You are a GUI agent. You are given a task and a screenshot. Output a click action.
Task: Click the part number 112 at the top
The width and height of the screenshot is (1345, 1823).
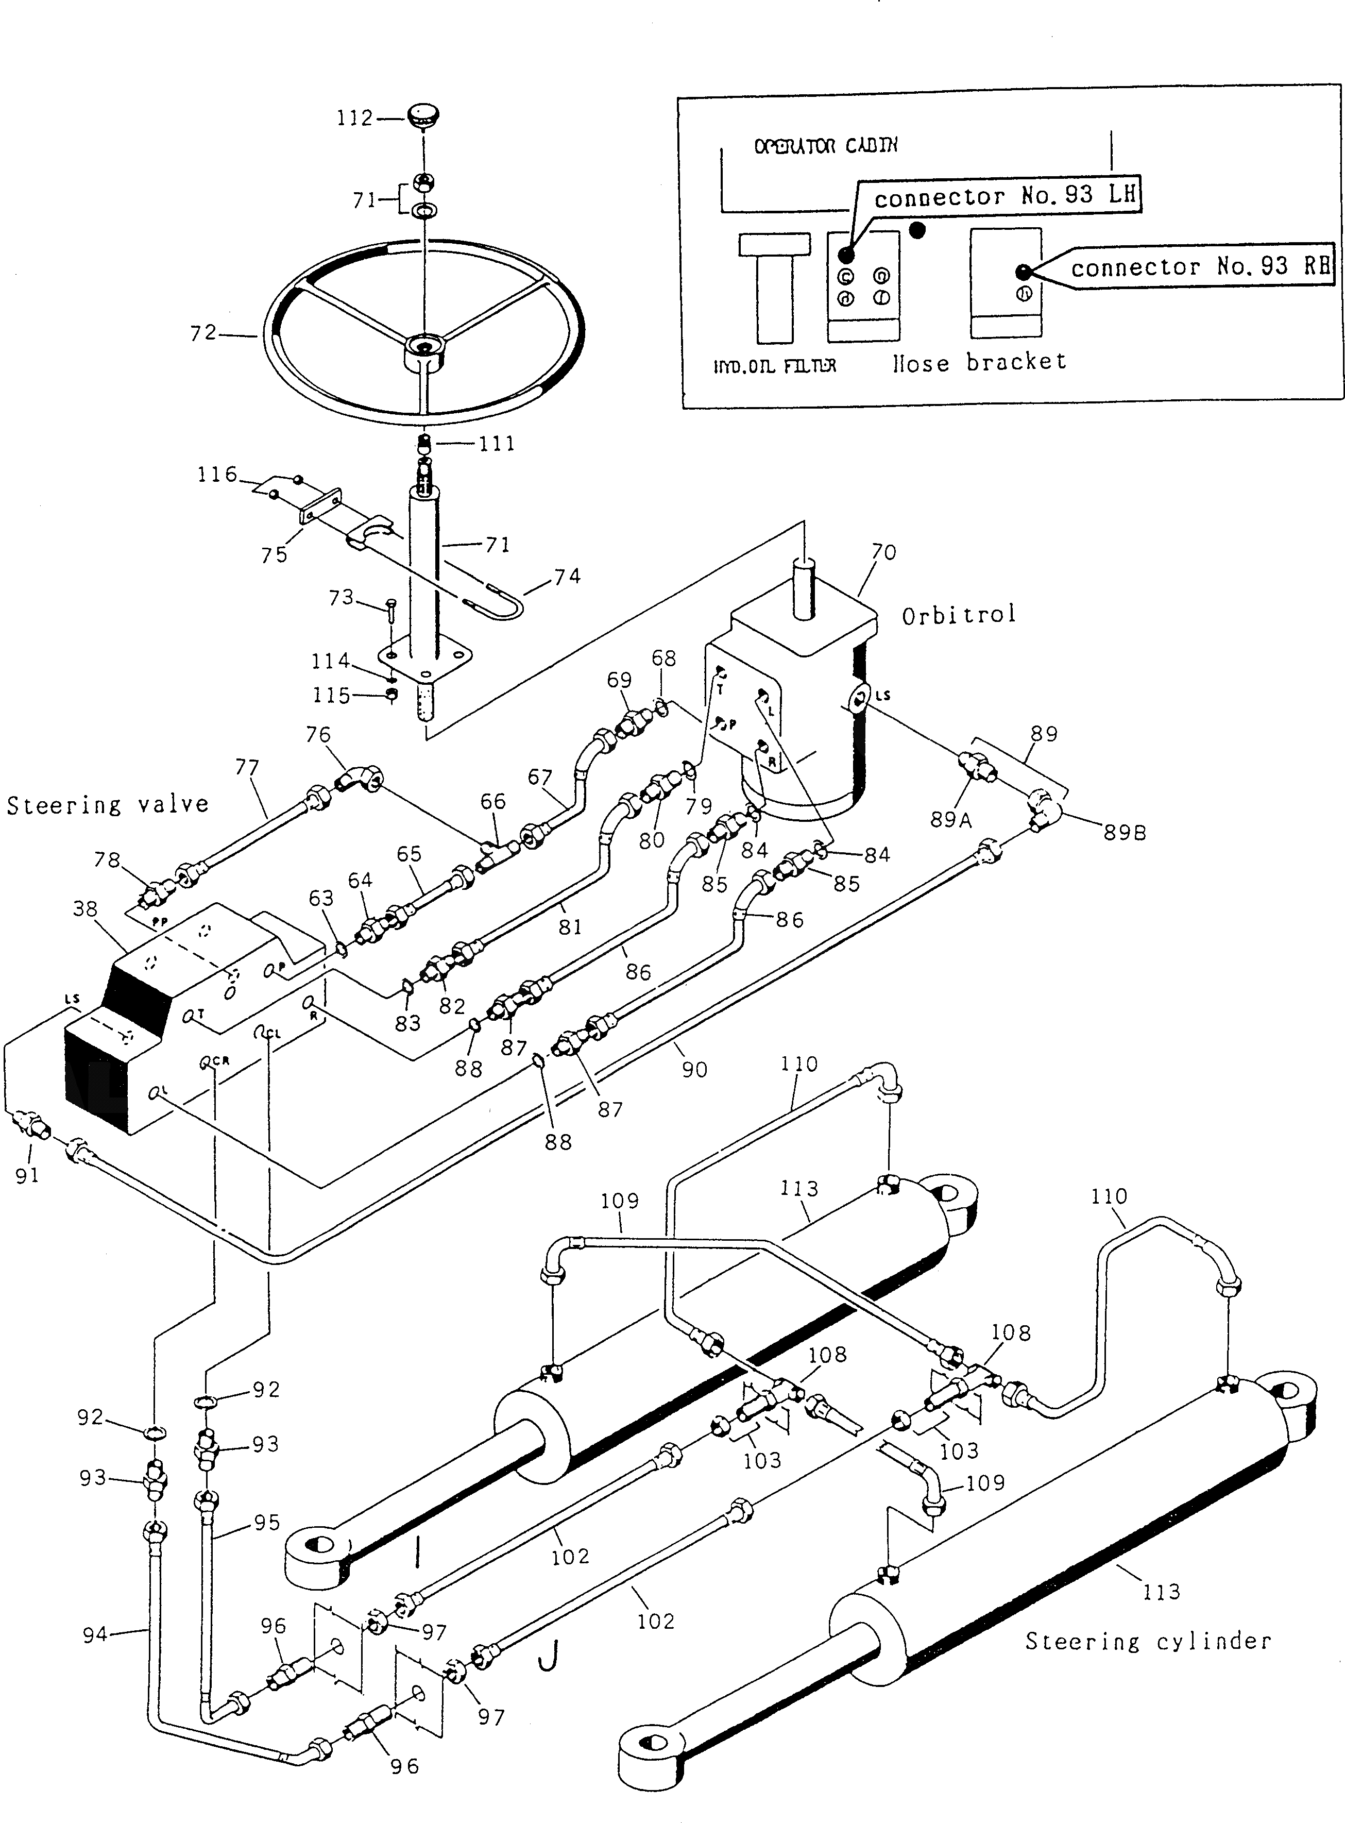(x=354, y=118)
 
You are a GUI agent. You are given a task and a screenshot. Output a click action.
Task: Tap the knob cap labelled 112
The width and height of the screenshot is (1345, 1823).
(x=422, y=115)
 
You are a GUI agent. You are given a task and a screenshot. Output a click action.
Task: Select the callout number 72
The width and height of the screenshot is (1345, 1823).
(x=203, y=333)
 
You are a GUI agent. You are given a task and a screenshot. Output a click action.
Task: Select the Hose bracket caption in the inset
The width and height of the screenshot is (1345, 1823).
(x=979, y=362)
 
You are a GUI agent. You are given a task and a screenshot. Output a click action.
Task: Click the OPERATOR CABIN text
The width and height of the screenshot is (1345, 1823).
(x=826, y=146)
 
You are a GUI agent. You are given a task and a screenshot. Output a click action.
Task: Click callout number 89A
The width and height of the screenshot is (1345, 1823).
(x=951, y=819)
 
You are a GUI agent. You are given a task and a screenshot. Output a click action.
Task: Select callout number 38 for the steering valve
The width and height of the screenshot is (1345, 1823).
(x=86, y=908)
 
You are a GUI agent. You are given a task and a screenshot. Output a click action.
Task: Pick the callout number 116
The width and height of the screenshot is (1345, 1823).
(x=216, y=474)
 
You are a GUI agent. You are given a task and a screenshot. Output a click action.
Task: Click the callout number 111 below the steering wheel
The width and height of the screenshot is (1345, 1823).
(x=497, y=444)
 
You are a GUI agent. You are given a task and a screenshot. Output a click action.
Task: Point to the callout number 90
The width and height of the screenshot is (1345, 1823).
(x=694, y=1070)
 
